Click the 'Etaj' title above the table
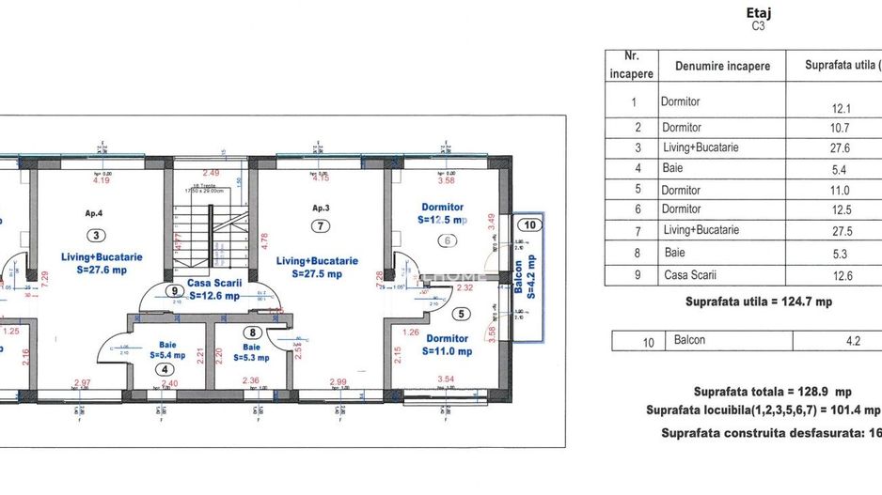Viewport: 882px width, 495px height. pyautogui.click(x=757, y=14)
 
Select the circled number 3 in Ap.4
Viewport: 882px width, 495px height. pyautogui.click(x=98, y=236)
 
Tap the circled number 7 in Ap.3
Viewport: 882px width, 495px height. pyautogui.click(x=321, y=225)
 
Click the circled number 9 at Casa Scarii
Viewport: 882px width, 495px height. pyautogui.click(x=174, y=291)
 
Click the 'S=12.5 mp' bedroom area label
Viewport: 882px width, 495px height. pyautogui.click(x=441, y=220)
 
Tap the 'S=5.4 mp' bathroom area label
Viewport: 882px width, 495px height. pyautogui.click(x=166, y=356)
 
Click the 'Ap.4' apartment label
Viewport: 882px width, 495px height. pyautogui.click(x=93, y=213)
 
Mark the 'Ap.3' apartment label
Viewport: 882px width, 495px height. pyautogui.click(x=322, y=207)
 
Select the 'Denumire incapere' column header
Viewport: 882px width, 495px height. pyautogui.click(x=721, y=67)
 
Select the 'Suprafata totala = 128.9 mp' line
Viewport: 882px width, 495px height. pyautogui.click(x=772, y=392)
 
